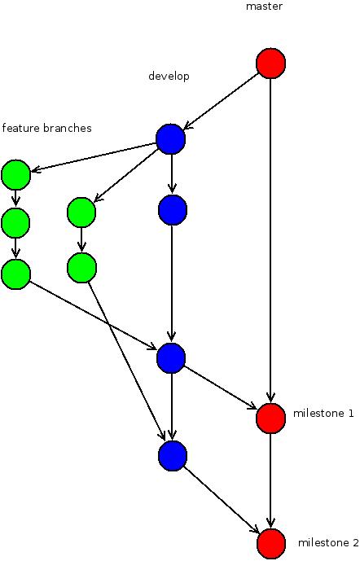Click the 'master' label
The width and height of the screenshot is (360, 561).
pyautogui.click(x=263, y=7)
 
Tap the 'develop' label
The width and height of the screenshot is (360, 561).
pyautogui.click(x=169, y=77)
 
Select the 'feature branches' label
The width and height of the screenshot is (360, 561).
pyautogui.click(x=46, y=129)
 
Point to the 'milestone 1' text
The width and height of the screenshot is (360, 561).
pyautogui.click(x=323, y=414)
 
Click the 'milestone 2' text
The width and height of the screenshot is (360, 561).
pyautogui.click(x=328, y=543)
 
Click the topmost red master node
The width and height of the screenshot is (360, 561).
pyautogui.click(x=270, y=63)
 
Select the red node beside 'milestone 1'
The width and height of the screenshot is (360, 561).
pyautogui.click(x=270, y=418)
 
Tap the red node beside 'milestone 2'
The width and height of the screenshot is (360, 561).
pyautogui.click(x=270, y=543)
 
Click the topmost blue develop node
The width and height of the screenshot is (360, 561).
pyautogui.click(x=171, y=139)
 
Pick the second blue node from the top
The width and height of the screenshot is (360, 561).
pyautogui.click(x=173, y=209)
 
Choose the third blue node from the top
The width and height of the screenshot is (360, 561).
pyautogui.click(x=171, y=357)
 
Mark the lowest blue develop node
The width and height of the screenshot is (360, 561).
pyautogui.click(x=173, y=455)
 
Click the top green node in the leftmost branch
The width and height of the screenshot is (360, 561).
pyautogui.click(x=15, y=173)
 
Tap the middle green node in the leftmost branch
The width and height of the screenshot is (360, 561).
pyautogui.click(x=15, y=221)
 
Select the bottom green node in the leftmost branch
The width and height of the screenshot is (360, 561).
pyautogui.click(x=15, y=274)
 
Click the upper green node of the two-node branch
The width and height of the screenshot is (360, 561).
pyautogui.click(x=81, y=213)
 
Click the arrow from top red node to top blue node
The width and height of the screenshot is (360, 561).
pyautogui.click(x=222, y=101)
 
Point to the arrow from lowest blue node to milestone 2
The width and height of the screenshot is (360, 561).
pyautogui.click(x=224, y=501)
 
